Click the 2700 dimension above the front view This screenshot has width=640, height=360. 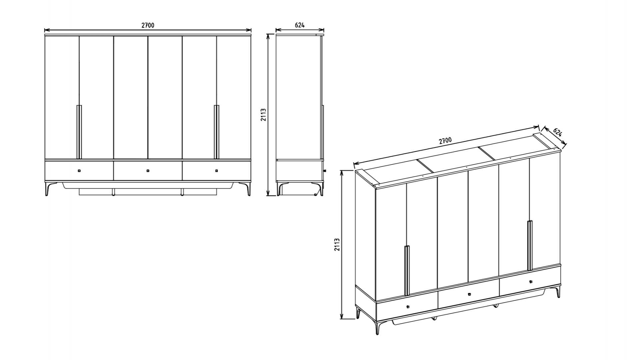click(148, 25)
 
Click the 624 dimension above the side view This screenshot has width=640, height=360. click(300, 25)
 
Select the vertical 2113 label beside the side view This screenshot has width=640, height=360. click(263, 115)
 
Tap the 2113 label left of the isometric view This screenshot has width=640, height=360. click(337, 244)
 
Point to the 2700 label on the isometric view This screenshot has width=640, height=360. click(445, 140)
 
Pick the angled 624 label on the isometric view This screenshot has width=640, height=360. click(557, 132)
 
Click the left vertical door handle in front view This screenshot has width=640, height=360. click(79, 132)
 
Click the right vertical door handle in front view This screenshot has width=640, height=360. click(217, 132)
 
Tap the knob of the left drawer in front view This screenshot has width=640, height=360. click(79, 171)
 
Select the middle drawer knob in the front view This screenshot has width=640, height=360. click(148, 171)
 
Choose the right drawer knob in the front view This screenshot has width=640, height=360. click(217, 171)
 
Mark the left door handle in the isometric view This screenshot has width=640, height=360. click(407, 270)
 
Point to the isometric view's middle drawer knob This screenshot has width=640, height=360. click(469, 294)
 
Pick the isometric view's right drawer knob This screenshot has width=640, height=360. click(531, 282)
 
